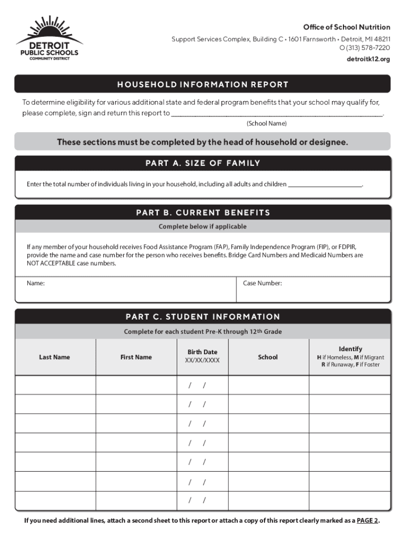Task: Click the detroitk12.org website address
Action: (369, 59)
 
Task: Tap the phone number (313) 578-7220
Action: (364, 48)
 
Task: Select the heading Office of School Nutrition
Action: (346, 27)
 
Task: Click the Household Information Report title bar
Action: (202, 84)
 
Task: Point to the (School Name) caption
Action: (267, 123)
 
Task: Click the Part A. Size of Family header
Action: (202, 163)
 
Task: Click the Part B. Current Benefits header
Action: (202, 213)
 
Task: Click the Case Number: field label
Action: (262, 284)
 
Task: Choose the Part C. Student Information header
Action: (202, 317)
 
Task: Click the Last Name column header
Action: (54, 357)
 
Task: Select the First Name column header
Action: (136, 357)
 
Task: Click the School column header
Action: (268, 357)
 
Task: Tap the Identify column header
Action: (350, 349)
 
